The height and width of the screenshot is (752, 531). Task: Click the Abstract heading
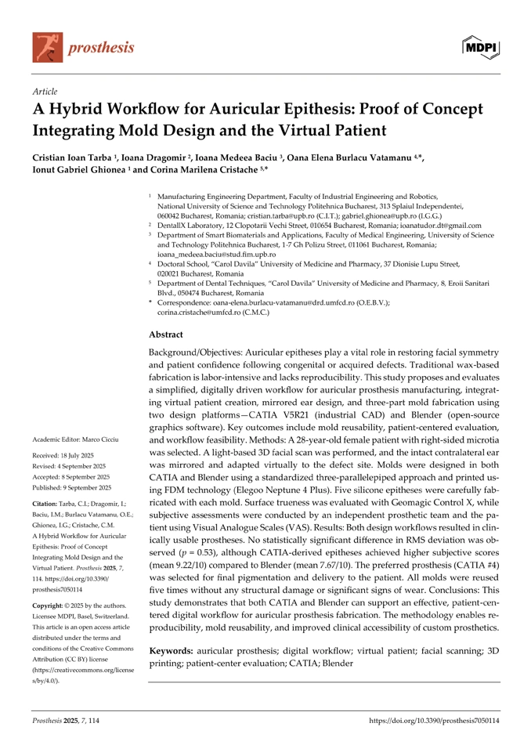pyautogui.click(x=171, y=332)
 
